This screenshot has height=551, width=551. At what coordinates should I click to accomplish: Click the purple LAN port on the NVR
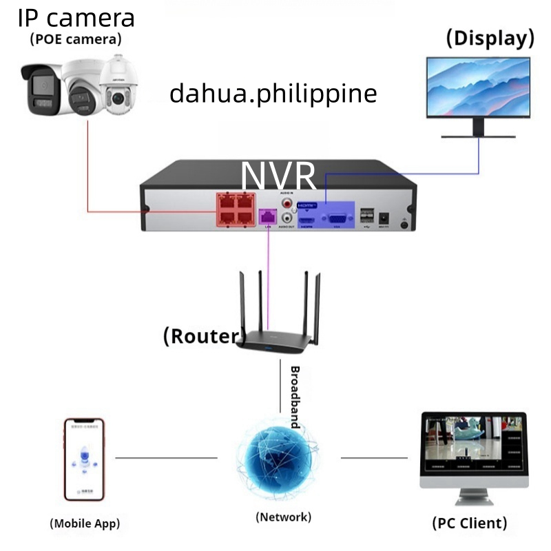pos(267,216)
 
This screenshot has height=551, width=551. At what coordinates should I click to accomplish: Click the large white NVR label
pos(279,176)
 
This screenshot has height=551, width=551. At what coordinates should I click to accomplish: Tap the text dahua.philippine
pos(273,93)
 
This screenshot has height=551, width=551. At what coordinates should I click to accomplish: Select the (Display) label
pos(490,38)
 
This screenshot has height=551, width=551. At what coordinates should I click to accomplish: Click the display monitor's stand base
pos(477,135)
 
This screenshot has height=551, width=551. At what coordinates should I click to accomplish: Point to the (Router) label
pos(204,336)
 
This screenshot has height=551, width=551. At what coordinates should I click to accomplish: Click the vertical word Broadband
pos(295,397)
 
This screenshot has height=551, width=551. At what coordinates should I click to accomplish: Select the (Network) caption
pos(283,517)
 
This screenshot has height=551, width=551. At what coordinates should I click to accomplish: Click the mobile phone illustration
pos(84,458)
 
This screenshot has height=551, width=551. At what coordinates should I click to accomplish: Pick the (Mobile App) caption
pos(90,523)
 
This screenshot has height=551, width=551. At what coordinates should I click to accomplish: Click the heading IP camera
pos(76,17)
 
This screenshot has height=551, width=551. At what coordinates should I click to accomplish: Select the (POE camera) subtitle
pos(76,39)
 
